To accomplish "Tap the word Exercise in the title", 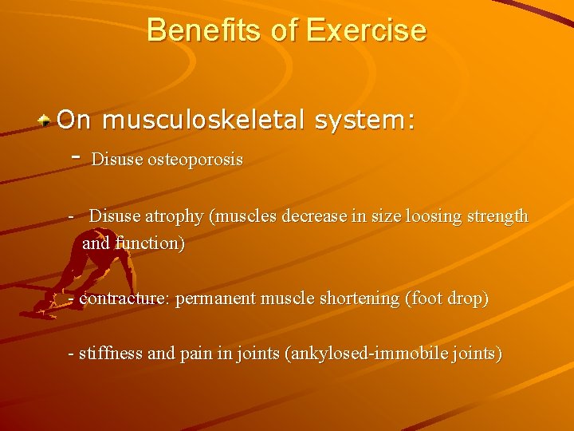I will pyautogui.click(x=366, y=30).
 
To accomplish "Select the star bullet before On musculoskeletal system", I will pyautogui.click(x=46, y=121).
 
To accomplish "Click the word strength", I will pyautogui.click(x=495, y=216).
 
